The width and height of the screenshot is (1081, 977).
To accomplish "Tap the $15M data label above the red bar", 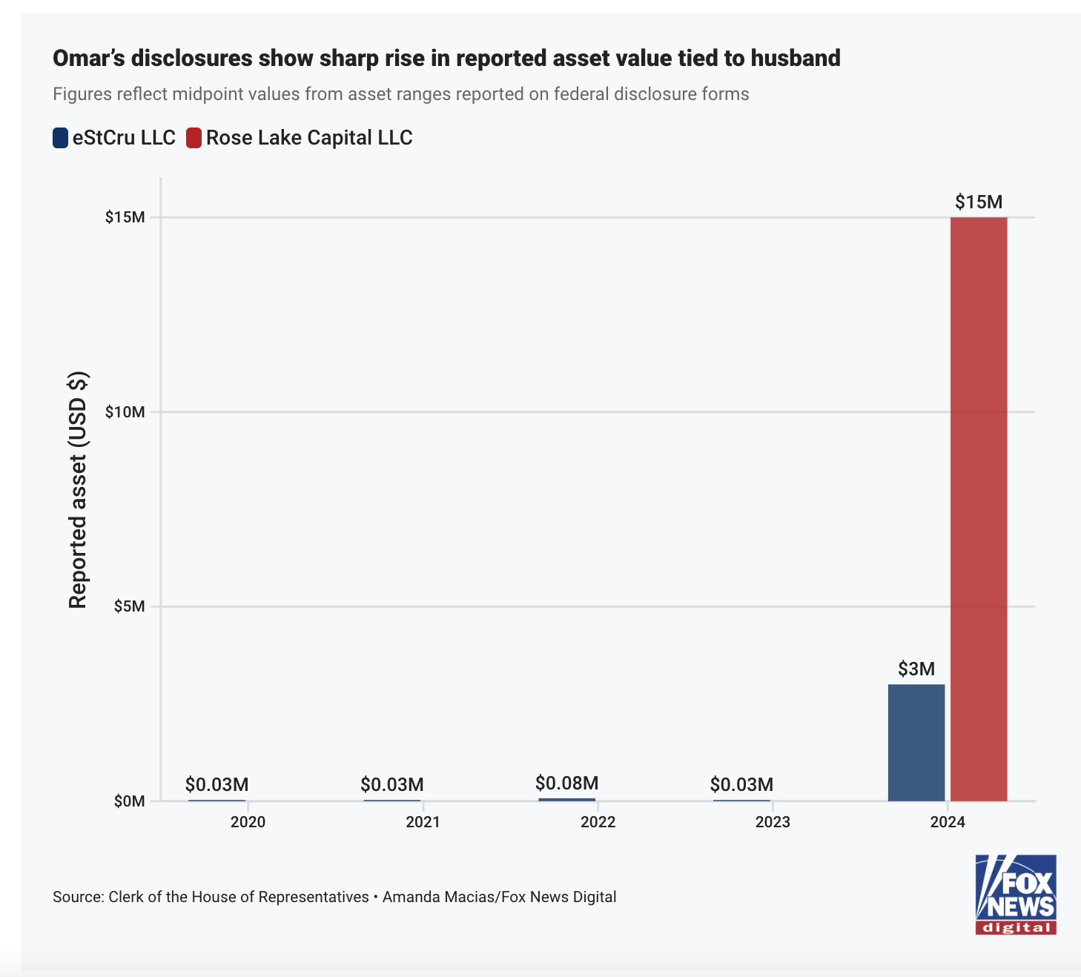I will click(x=979, y=202).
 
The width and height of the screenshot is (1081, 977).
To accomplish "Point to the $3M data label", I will click(x=916, y=669).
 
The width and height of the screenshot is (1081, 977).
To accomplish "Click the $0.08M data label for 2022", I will click(x=567, y=783).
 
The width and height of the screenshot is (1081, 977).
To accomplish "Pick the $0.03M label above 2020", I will click(x=216, y=784).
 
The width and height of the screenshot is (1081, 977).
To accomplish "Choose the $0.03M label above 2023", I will click(x=741, y=784).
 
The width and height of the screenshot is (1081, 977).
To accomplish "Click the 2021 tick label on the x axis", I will click(x=423, y=822).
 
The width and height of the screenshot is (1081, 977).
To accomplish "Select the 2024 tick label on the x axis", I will click(x=948, y=822).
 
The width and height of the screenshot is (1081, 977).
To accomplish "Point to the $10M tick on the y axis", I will click(x=125, y=412).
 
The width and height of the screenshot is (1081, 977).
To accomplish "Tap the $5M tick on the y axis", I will click(x=129, y=606).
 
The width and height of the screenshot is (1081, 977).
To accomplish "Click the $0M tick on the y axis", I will click(x=129, y=801).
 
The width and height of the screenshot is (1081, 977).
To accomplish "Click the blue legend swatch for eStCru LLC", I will click(x=61, y=138).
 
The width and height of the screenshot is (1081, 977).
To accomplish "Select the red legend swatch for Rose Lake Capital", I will click(x=194, y=138).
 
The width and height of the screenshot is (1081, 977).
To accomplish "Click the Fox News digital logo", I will click(x=1015, y=894).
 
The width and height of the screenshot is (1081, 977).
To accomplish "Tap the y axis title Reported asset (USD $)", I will click(x=78, y=489).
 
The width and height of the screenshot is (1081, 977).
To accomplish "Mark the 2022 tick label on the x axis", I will click(x=598, y=822).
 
